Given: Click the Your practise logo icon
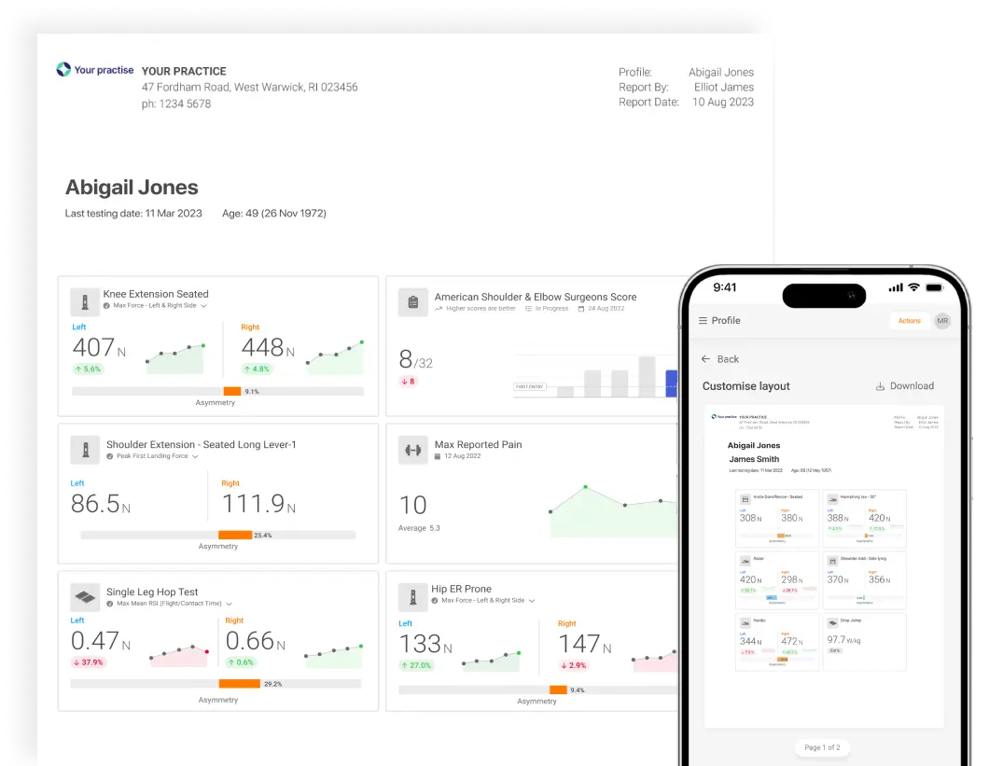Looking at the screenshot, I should coord(63,70).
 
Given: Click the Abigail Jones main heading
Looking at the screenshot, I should coord(132,188).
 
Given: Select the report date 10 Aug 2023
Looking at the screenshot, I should coord(722,103).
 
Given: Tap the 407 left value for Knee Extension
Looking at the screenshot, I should coord(93,348).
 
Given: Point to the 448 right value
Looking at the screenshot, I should coord(262,348).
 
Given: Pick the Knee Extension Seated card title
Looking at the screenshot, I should coord(156,294).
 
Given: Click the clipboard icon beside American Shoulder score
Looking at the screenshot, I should coord(412,301).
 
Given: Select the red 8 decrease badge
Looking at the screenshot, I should coord(408,382).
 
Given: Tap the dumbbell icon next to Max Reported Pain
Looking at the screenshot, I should coord(412,451).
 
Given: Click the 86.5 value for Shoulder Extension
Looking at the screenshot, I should coord(95,505).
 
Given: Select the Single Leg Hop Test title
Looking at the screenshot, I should coord(152,592).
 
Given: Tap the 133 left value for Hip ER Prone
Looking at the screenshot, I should coord(420,644).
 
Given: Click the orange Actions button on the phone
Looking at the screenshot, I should coord(909,321).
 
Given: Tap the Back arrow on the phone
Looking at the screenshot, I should coord(707,359).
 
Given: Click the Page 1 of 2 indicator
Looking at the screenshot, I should coord(822,747).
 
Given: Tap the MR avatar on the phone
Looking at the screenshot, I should coord(942,321).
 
